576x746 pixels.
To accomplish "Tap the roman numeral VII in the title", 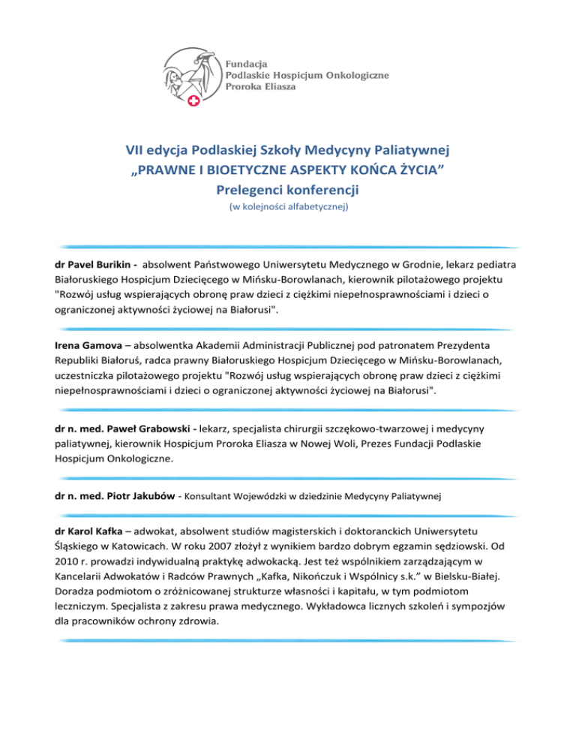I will coord(137,152).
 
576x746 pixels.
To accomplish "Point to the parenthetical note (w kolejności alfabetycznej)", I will coord(288,206).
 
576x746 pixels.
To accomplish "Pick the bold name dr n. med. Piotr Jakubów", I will coord(113,496).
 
